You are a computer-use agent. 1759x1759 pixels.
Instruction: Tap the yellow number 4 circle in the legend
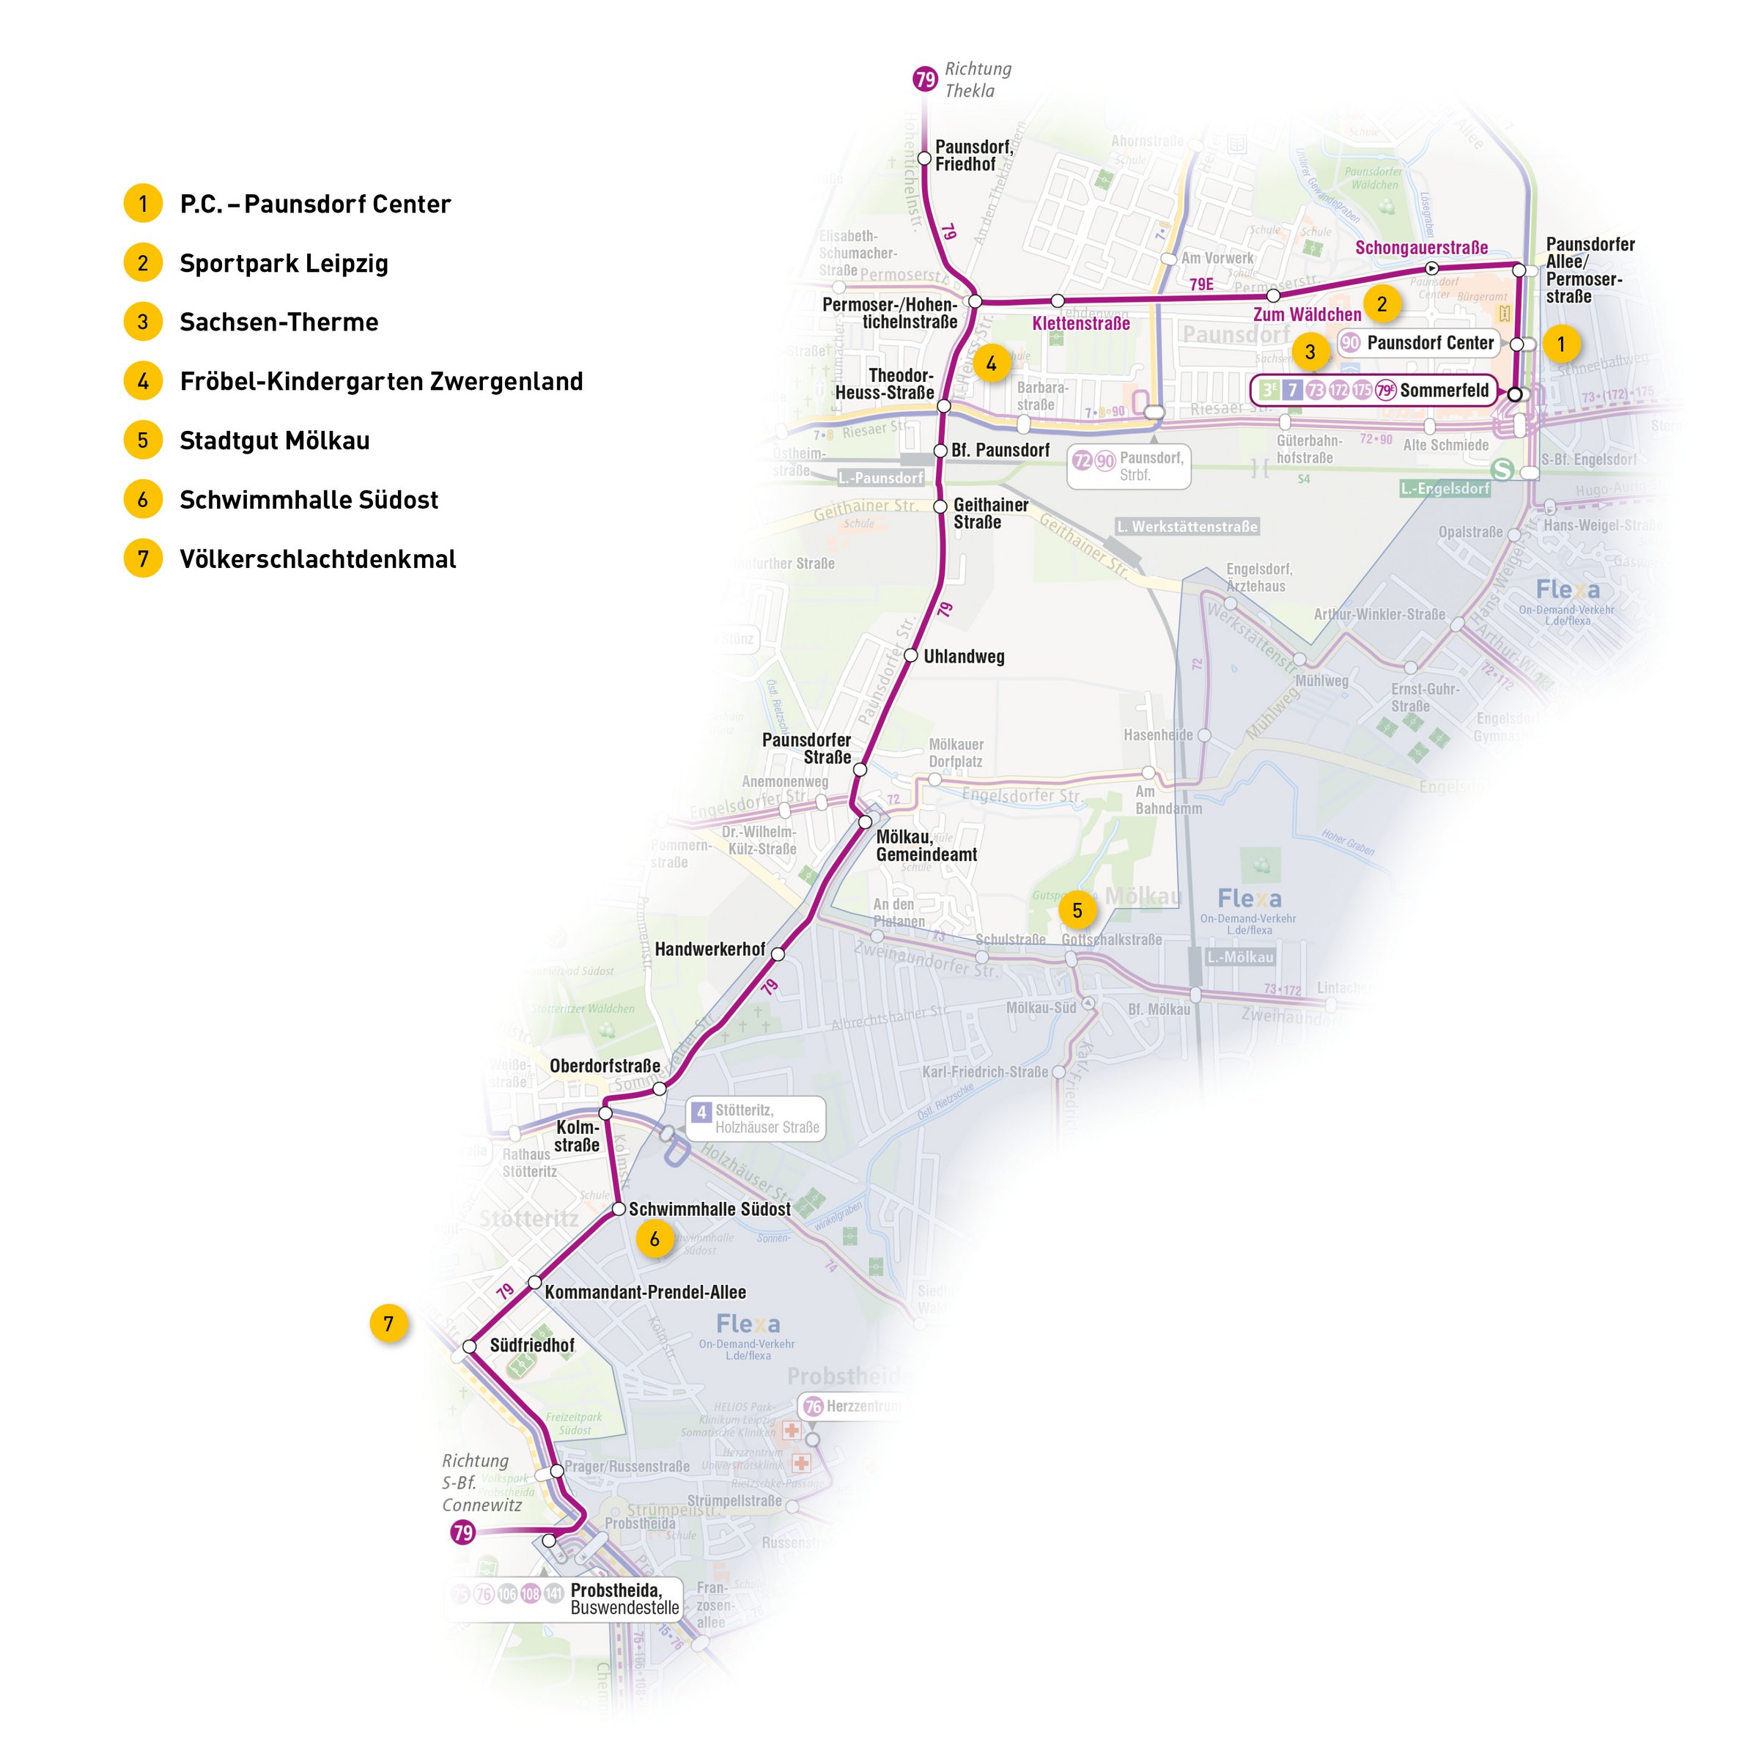(143, 380)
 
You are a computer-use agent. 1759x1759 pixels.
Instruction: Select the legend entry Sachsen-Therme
(278, 322)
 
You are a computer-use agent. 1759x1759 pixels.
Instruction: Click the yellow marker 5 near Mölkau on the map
(1077, 910)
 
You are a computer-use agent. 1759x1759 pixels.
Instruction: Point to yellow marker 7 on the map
(388, 1324)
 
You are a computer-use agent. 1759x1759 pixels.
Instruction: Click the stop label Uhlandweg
(963, 657)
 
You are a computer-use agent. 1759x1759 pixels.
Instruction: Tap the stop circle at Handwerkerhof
(778, 954)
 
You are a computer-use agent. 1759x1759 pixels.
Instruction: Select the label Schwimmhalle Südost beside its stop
(709, 1209)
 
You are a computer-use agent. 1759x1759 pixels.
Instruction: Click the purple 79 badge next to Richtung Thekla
(925, 79)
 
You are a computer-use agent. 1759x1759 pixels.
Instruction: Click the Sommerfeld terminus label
(1444, 391)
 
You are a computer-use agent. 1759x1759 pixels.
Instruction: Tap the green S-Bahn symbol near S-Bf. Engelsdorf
(1502, 470)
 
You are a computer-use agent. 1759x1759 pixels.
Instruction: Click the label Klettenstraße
(1081, 323)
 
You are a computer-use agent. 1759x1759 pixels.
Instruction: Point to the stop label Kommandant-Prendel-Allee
(645, 1292)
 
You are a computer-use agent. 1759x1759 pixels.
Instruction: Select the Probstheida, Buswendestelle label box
(624, 1598)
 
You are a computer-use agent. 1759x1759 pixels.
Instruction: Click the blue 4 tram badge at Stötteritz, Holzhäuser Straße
(701, 1113)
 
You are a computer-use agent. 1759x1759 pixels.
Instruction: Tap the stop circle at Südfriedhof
(470, 1346)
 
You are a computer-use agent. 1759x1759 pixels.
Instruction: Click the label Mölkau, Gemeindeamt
(926, 846)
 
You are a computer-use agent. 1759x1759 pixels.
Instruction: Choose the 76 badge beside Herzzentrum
(813, 1406)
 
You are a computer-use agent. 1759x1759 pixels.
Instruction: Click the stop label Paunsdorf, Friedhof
(973, 155)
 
